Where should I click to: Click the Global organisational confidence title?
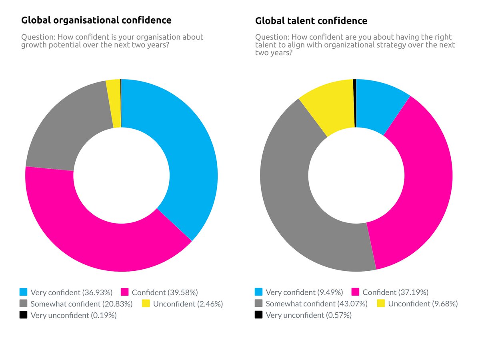click(x=96, y=20)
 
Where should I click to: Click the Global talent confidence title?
click(x=311, y=20)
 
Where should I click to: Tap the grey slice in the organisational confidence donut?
click(x=68, y=128)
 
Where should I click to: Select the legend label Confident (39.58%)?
click(x=165, y=292)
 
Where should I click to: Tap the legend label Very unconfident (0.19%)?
click(x=74, y=316)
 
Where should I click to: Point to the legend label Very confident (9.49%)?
click(x=304, y=292)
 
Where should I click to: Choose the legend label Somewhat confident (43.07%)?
click(x=316, y=304)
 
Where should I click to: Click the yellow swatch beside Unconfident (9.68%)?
click(x=381, y=304)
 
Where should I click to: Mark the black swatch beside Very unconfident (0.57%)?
click(x=258, y=316)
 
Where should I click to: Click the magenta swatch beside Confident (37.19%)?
click(x=355, y=292)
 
